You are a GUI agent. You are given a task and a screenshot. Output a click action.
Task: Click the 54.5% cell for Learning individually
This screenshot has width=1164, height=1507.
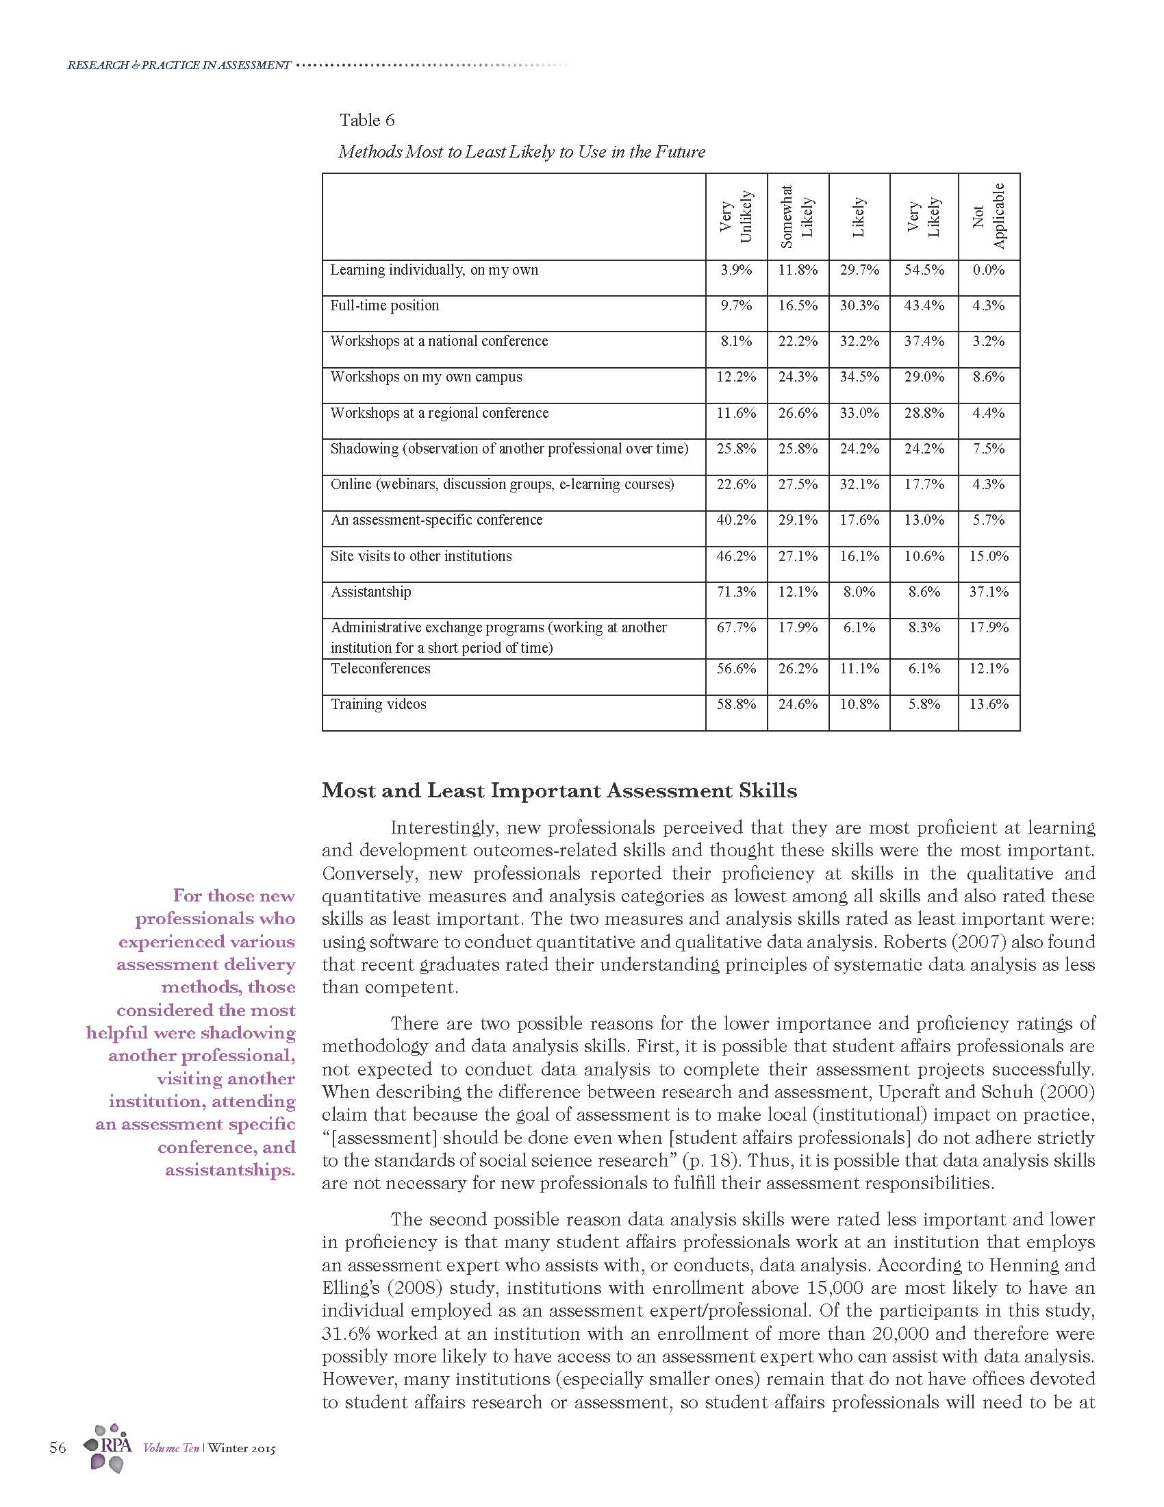tap(924, 271)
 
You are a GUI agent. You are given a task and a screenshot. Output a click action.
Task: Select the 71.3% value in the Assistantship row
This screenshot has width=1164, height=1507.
tap(736, 592)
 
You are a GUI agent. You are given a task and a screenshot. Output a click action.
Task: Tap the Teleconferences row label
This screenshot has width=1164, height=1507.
tap(380, 669)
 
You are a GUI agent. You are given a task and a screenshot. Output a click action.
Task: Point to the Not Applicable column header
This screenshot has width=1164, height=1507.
tap(989, 216)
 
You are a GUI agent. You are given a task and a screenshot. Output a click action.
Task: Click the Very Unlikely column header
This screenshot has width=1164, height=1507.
tap(736, 216)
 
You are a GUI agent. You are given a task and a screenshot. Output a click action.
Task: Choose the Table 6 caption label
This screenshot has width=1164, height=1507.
tap(367, 121)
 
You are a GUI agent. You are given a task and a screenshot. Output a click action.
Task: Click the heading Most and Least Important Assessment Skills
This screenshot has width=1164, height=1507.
tap(559, 790)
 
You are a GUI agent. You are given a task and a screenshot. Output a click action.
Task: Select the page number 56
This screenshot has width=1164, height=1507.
tap(58, 1447)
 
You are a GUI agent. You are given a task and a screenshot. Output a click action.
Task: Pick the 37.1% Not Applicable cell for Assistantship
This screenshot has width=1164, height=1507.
tap(989, 592)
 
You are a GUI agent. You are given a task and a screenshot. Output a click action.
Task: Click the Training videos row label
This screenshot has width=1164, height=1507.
tap(379, 704)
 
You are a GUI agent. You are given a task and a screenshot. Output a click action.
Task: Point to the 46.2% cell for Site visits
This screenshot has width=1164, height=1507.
tap(736, 556)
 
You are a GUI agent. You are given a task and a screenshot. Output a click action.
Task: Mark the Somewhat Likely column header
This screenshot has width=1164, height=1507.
tap(797, 216)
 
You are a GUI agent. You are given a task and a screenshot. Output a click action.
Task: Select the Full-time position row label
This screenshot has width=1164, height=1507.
tap(384, 306)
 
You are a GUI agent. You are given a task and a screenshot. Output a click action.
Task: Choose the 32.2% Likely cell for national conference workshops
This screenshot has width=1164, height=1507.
tap(859, 342)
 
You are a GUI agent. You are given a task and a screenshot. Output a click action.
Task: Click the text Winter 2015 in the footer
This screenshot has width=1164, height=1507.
tap(241, 1448)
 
